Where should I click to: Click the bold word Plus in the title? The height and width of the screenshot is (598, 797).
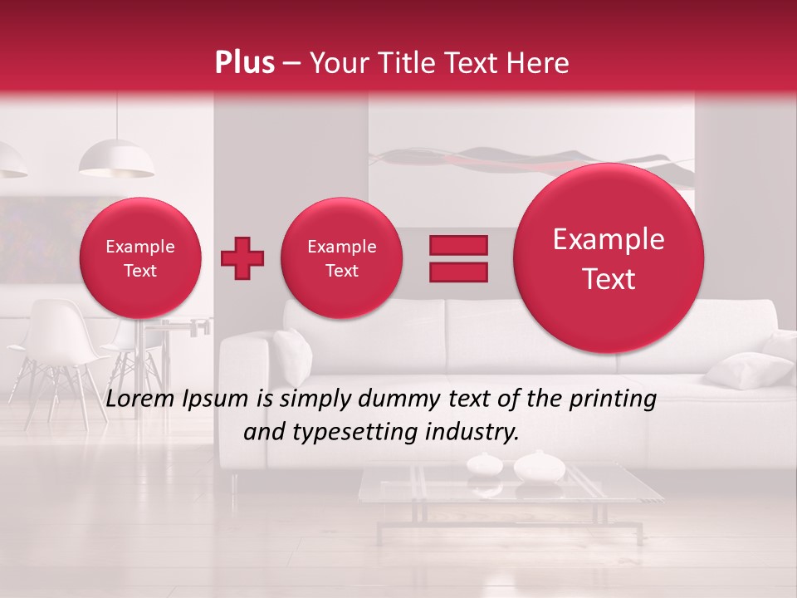(x=244, y=63)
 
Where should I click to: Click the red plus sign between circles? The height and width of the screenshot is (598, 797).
(x=242, y=258)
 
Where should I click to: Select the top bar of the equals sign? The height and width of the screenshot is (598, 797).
(x=457, y=245)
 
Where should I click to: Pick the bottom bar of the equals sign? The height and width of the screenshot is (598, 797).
(x=457, y=272)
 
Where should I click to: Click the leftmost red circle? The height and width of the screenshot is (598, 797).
(x=139, y=258)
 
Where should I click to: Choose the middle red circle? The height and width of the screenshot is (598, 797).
(x=341, y=258)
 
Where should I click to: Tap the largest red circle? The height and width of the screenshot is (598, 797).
(x=609, y=258)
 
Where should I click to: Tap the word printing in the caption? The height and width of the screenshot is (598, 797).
(x=615, y=399)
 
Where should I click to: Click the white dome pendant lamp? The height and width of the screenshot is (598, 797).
(x=116, y=159)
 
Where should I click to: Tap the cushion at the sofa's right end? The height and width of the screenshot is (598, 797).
(x=747, y=370)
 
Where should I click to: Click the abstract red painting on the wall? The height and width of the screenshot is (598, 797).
(x=531, y=162)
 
